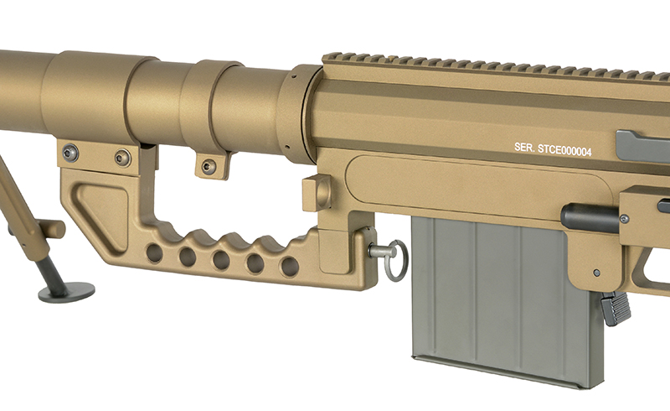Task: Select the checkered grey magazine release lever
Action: point(616,308)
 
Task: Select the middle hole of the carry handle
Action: point(220,260)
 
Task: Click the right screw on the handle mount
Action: point(122,157)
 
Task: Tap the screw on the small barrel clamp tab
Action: point(209,167)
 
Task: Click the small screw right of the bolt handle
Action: point(624,219)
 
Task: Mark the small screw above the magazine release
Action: point(595,273)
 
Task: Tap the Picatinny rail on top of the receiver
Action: point(494,64)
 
